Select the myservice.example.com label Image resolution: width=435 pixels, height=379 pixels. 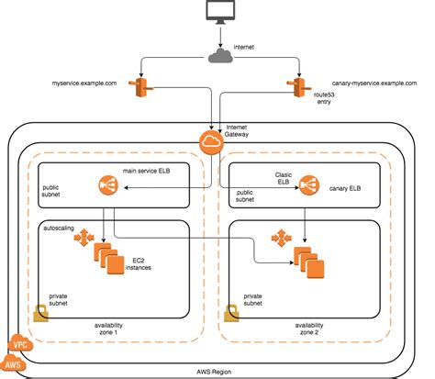[85, 83]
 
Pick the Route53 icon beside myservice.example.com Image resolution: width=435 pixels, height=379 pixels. [140, 87]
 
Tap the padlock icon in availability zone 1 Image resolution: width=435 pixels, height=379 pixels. [41, 313]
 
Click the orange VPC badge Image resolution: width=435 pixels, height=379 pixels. [18, 347]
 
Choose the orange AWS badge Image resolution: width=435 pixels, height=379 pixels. [13, 366]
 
